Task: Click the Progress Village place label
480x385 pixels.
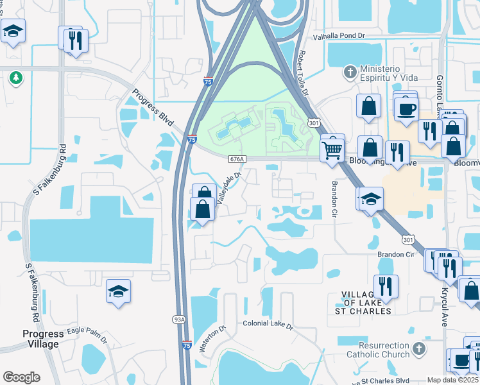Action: click(43, 339)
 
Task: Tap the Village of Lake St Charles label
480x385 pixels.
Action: click(363, 303)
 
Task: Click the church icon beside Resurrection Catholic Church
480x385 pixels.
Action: click(418, 349)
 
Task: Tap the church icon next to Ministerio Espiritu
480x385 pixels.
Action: click(350, 70)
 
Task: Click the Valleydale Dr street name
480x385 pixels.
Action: click(229, 187)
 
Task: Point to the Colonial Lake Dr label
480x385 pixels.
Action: click(268, 325)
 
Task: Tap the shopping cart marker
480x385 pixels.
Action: click(332, 150)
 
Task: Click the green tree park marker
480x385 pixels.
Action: click(15, 78)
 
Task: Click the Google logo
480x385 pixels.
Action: click(21, 377)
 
